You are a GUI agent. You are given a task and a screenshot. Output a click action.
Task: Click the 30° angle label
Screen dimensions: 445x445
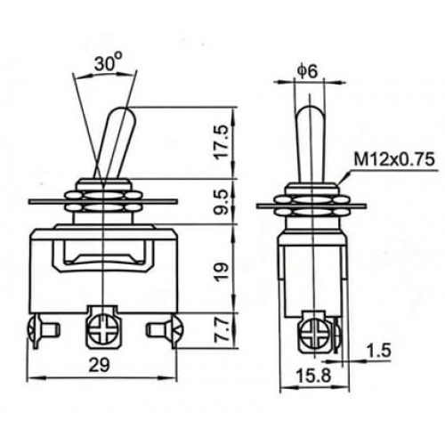pyautogui.click(x=107, y=64)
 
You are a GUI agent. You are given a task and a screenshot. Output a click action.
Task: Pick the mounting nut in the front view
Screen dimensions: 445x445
pyautogui.click(x=104, y=203)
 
